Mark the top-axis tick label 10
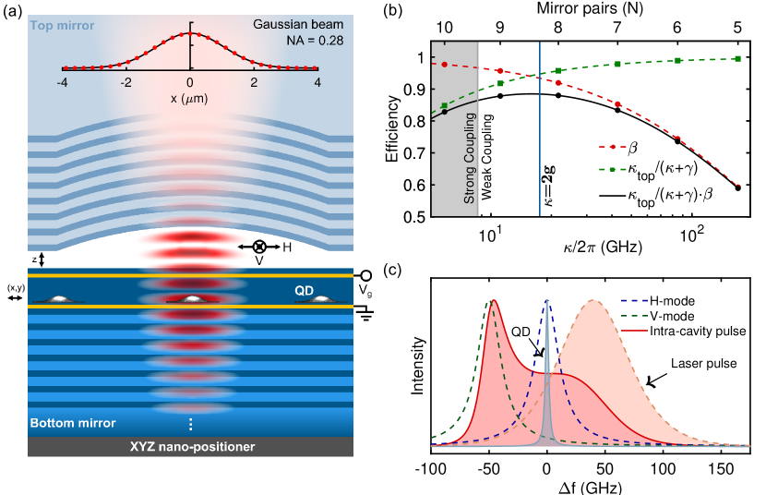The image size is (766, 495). [x=445, y=28]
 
